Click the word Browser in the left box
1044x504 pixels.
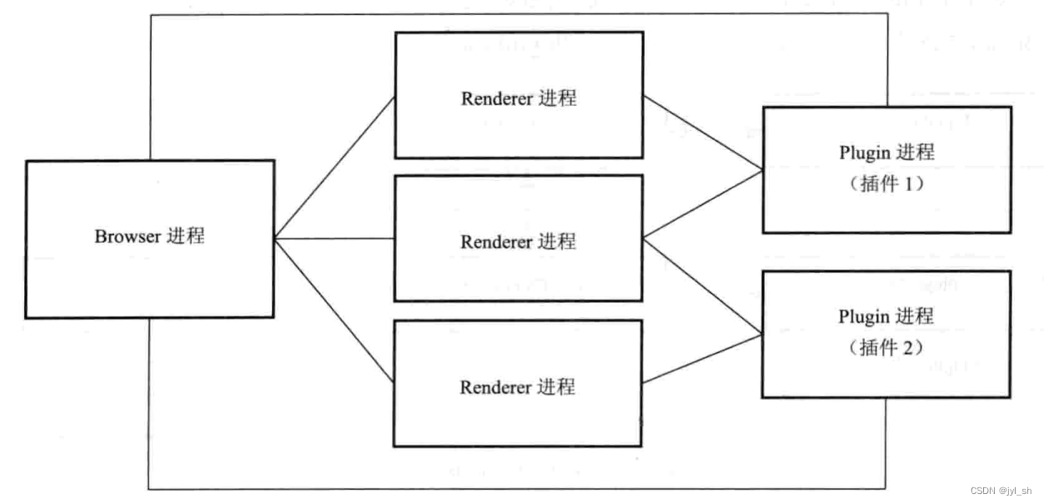[128, 237]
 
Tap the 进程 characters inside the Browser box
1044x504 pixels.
[186, 236]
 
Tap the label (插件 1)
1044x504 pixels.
[886, 185]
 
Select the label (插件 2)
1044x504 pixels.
[886, 346]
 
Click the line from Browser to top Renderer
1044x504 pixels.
[334, 168]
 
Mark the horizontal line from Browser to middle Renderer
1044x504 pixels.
[334, 239]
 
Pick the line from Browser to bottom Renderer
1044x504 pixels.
[334, 310]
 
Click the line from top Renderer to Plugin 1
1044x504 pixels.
[702, 133]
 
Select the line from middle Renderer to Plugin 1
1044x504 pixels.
[702, 205]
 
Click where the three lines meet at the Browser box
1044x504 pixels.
[275, 239]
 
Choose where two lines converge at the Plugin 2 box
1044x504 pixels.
[761, 333]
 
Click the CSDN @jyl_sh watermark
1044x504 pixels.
[1001, 491]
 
